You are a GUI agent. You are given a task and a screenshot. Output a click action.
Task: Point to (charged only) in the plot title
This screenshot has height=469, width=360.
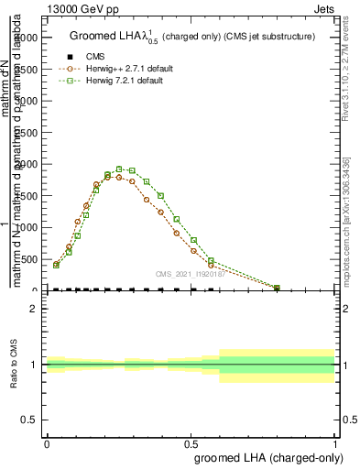pos(183,37)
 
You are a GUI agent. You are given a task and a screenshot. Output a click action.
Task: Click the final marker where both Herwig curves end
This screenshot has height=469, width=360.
pos(278,288)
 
